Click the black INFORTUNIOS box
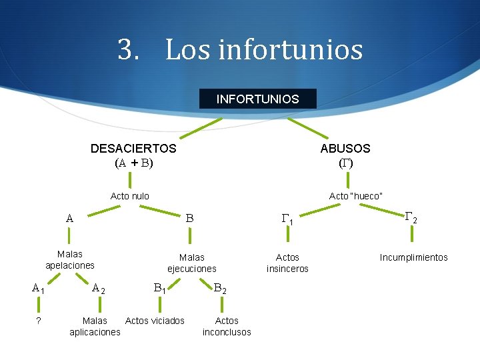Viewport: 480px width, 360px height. (257, 99)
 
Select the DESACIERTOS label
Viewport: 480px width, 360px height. (133, 148)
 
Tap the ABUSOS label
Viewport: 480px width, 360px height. (345, 148)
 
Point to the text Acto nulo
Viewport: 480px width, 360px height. (129, 196)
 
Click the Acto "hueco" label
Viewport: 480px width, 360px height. (356, 196)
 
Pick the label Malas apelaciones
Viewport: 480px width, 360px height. (70, 259)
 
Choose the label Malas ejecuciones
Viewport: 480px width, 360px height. (192, 263)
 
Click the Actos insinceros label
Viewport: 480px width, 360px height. (287, 263)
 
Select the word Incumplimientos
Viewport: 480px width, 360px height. (413, 257)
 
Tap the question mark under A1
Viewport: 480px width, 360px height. (39, 321)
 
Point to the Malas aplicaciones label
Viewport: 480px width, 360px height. (95, 326)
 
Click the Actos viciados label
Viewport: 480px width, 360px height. (155, 321)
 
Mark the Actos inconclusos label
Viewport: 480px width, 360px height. (227, 326)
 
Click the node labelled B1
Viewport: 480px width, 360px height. (160, 289)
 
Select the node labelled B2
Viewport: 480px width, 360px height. (220, 289)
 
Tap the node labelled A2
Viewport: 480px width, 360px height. (98, 289)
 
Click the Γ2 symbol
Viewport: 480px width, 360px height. (411, 217)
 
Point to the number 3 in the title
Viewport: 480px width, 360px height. (124, 49)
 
